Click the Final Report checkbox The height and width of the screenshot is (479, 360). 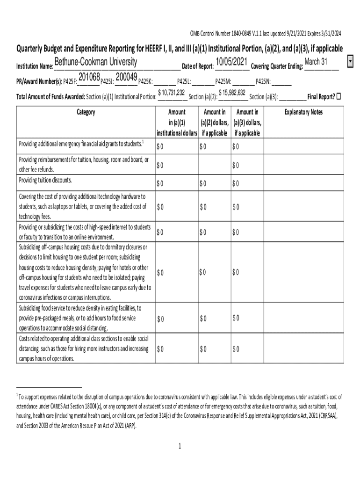[339, 96]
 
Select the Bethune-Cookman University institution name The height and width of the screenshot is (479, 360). [95, 63]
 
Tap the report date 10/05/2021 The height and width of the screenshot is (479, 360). [231, 62]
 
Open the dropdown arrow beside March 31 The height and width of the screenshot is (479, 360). [351, 62]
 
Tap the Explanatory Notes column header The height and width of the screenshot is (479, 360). [303, 112]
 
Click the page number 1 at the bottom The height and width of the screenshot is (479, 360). [180, 446]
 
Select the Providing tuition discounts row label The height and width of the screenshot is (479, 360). [45, 180]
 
